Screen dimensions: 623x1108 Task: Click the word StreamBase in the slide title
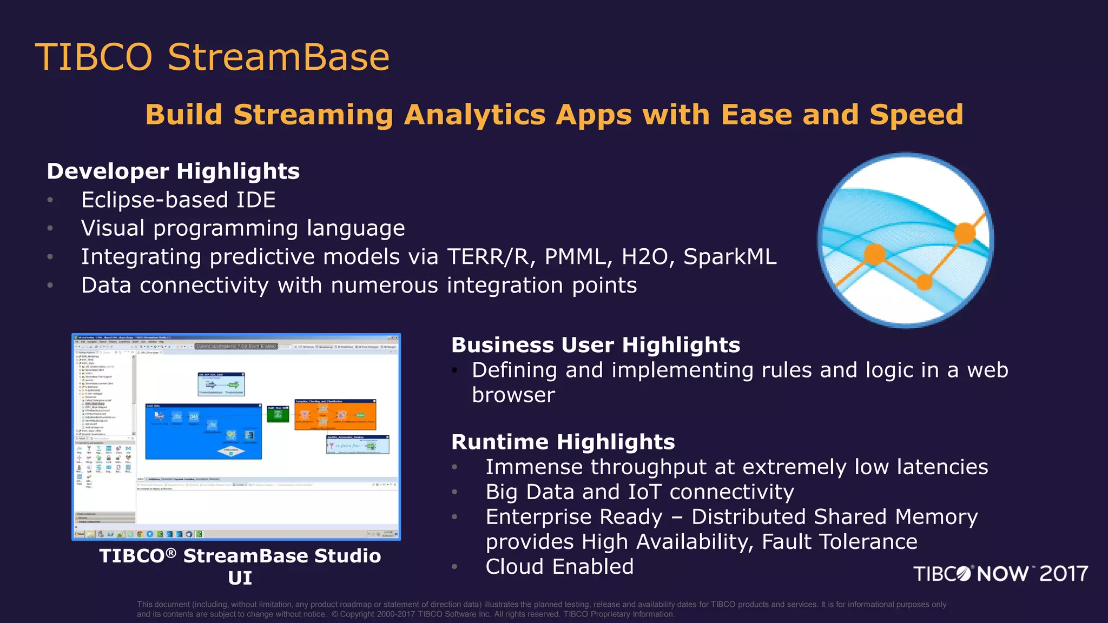tap(278, 57)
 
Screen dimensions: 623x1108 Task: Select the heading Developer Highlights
tap(173, 171)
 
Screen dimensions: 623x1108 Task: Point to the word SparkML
tap(729, 257)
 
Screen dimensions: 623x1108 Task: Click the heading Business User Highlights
tap(596, 345)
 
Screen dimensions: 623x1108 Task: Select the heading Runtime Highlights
tap(563, 442)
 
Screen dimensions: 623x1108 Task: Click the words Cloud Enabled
tap(559, 567)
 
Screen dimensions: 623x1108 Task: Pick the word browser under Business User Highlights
tap(513, 395)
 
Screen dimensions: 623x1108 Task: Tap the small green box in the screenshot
tap(278, 415)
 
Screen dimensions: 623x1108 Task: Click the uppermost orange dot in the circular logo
tap(965, 234)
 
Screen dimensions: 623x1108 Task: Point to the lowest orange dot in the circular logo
tap(925, 282)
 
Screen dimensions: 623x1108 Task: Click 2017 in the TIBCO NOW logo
tap(1064, 574)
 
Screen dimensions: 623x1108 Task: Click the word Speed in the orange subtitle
tap(916, 115)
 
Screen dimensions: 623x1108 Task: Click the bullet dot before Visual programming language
tap(50, 229)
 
